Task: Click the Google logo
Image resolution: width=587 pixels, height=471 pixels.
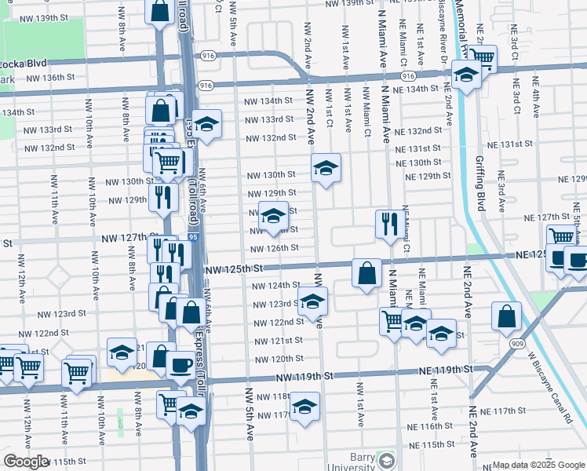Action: pyautogui.click(x=25, y=462)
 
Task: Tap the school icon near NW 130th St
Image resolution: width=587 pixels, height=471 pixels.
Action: pyautogui.click(x=326, y=168)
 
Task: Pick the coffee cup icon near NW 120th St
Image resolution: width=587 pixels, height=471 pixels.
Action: pyautogui.click(x=180, y=365)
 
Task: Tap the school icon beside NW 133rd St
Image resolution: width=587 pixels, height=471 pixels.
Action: pyautogui.click(x=207, y=125)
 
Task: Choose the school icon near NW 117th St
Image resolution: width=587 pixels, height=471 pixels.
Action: pyautogui.click(x=305, y=407)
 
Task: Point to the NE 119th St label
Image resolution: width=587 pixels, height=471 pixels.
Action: pyautogui.click(x=447, y=369)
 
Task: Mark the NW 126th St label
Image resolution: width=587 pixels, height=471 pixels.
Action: pyautogui.click(x=274, y=248)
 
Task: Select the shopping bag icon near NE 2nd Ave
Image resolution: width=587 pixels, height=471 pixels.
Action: pyautogui.click(x=507, y=316)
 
